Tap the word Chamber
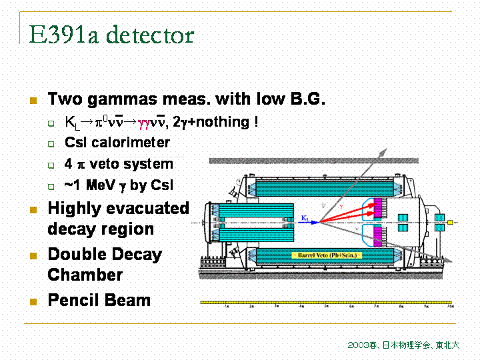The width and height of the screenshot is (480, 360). [85, 275]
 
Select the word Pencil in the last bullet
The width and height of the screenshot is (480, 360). [72, 300]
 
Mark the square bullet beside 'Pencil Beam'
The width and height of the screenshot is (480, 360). [32, 301]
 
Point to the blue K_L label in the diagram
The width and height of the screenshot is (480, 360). [305, 217]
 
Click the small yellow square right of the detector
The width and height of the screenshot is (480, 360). [450, 222]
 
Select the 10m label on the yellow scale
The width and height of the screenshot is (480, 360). [450, 307]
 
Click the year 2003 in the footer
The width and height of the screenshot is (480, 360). [356, 345]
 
